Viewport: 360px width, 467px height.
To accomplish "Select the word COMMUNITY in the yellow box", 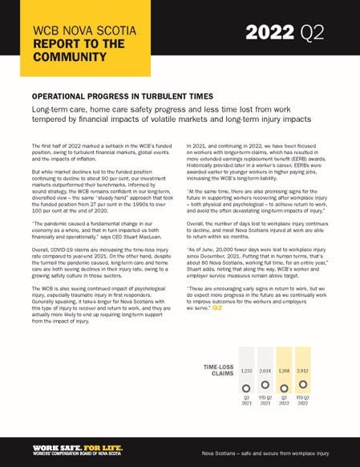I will pyautogui.click(x=71, y=58).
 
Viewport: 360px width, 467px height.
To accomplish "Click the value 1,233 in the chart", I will pyautogui.click(x=247, y=372).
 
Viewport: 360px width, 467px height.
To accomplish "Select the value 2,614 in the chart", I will pyautogui.click(x=265, y=372).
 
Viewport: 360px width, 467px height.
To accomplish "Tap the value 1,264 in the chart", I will pyautogui.click(x=284, y=372).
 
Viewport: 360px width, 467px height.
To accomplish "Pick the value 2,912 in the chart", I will pyautogui.click(x=302, y=372).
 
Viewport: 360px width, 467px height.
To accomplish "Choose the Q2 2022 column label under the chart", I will pyautogui.click(x=284, y=401).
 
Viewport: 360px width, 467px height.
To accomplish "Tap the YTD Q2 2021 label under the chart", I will pyautogui.click(x=265, y=401).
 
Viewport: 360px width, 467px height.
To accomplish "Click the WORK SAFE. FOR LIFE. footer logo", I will pyautogui.click(x=78, y=445).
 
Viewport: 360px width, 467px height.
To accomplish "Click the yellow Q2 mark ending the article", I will pyautogui.click(x=217, y=307).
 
